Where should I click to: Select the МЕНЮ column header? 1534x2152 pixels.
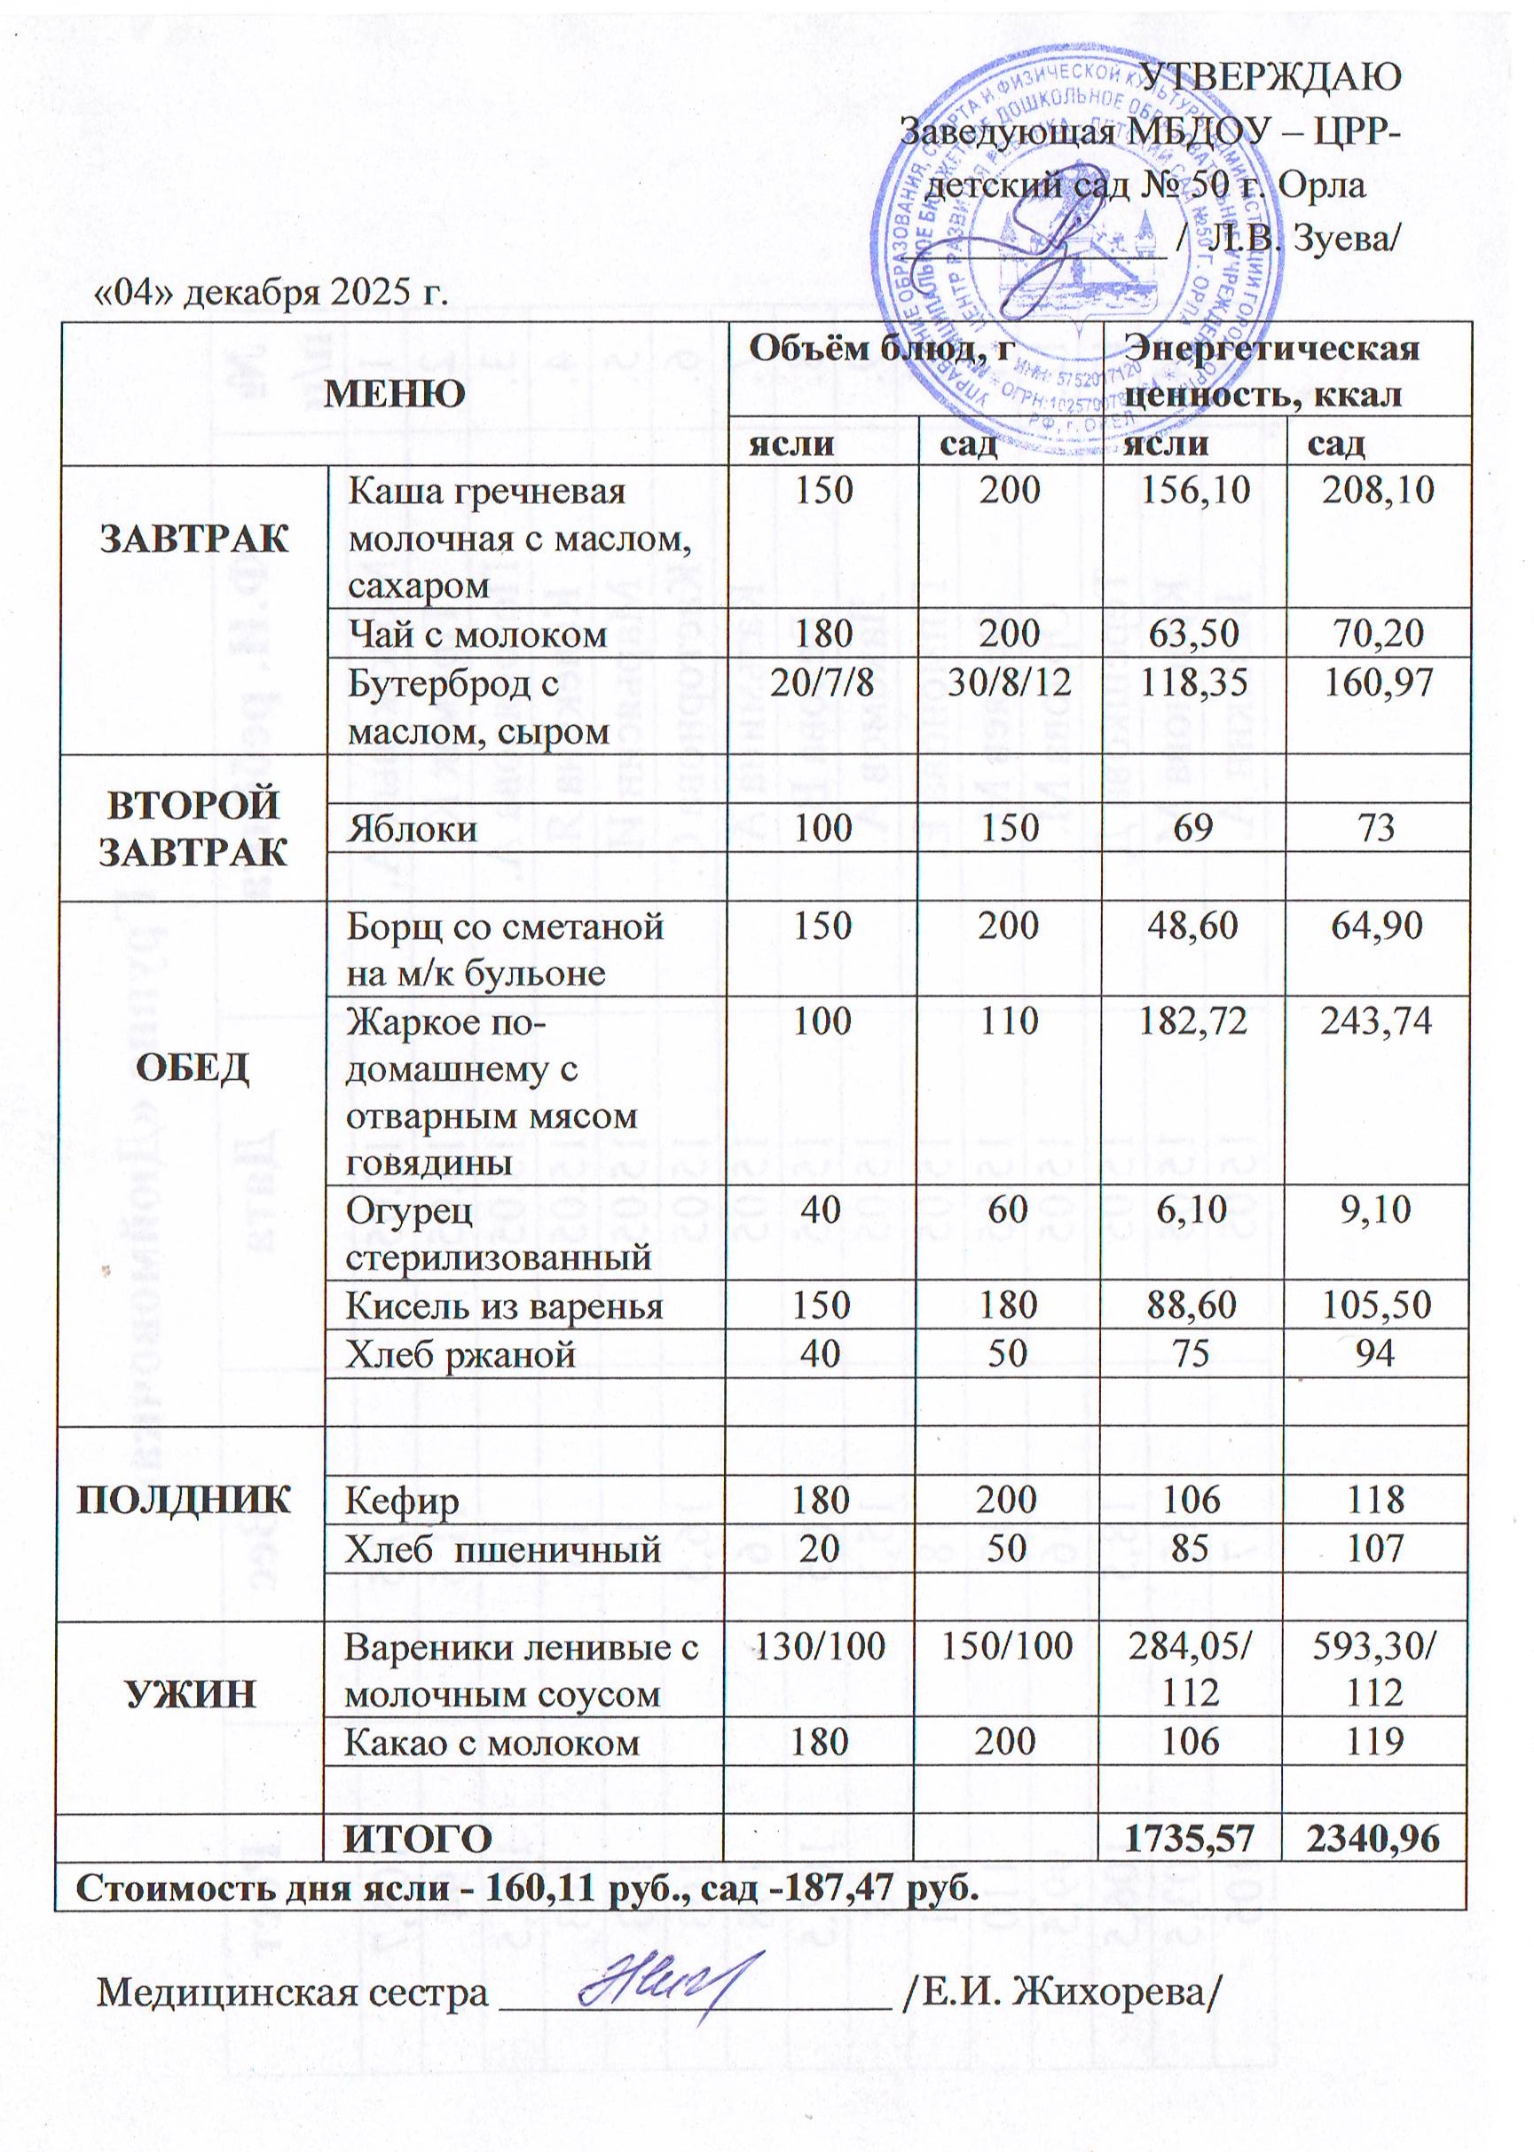[395, 393]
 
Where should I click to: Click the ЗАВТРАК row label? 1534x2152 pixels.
[194, 539]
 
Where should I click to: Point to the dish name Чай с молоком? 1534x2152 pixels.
[477, 634]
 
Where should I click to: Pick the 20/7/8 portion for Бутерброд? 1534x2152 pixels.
[822, 682]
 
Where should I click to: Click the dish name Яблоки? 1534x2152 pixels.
[412, 829]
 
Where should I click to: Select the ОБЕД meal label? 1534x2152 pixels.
[193, 1068]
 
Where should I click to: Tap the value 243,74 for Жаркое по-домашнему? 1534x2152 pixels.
[1376, 1021]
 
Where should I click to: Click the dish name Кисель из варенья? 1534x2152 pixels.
[505, 1305]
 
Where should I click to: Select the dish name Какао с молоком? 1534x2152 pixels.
[492, 1741]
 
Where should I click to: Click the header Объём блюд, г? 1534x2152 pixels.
[881, 349]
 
